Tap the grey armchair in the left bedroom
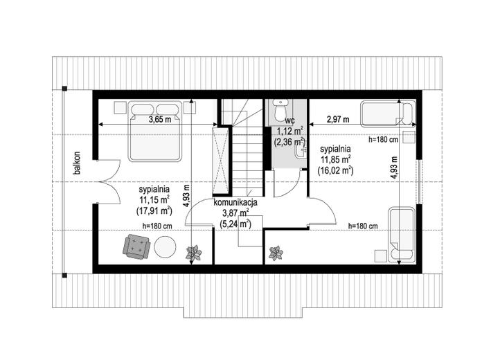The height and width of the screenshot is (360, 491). (x=137, y=246)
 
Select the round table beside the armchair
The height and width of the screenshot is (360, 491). (x=165, y=246)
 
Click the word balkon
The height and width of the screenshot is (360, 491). (x=77, y=163)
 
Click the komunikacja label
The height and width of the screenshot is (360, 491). (x=235, y=202)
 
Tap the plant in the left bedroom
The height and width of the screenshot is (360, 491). (x=193, y=253)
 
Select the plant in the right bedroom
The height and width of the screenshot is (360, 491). (x=276, y=253)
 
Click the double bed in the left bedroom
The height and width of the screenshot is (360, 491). (x=155, y=131)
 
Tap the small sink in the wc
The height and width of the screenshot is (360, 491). (x=301, y=152)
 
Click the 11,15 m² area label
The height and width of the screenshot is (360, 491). (x=154, y=200)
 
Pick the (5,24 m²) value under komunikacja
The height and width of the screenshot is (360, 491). (x=235, y=224)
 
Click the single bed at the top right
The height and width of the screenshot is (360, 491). (x=388, y=114)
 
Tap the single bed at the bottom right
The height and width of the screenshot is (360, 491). (x=402, y=234)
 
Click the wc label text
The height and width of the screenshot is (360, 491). (x=289, y=120)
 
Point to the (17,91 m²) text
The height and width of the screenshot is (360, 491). (x=154, y=211)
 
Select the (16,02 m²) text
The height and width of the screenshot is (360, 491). (x=335, y=170)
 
